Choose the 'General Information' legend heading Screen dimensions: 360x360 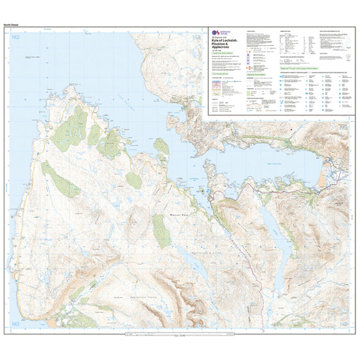point(257,75)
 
